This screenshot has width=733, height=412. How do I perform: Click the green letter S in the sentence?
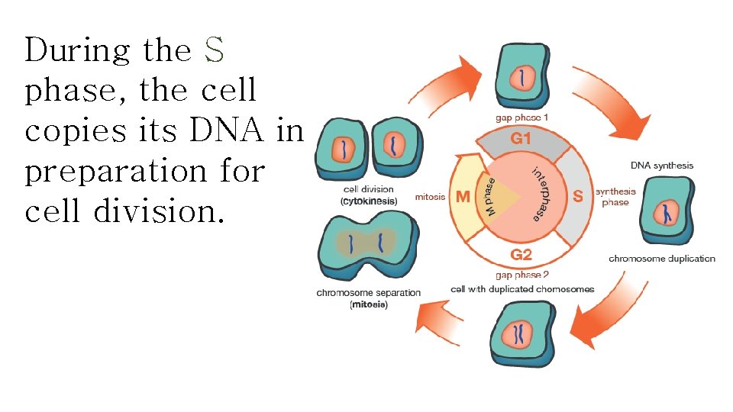pyautogui.click(x=214, y=51)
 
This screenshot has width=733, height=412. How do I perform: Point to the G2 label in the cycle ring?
pyautogui.click(x=521, y=254)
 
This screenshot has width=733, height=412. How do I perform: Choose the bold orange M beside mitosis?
pyautogui.click(x=463, y=197)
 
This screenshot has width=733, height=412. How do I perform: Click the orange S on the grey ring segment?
pyautogui.click(x=578, y=196)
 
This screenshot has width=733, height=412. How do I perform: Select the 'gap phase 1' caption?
pyautogui.click(x=521, y=118)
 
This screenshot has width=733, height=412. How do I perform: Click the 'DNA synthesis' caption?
pyautogui.click(x=662, y=165)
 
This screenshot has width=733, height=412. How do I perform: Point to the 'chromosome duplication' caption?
pyautogui.click(x=662, y=259)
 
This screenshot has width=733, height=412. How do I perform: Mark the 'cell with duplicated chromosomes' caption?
pyautogui.click(x=522, y=289)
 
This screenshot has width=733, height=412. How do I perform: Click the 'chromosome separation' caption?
pyautogui.click(x=368, y=293)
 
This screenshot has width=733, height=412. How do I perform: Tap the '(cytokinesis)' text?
pyautogui.click(x=369, y=201)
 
